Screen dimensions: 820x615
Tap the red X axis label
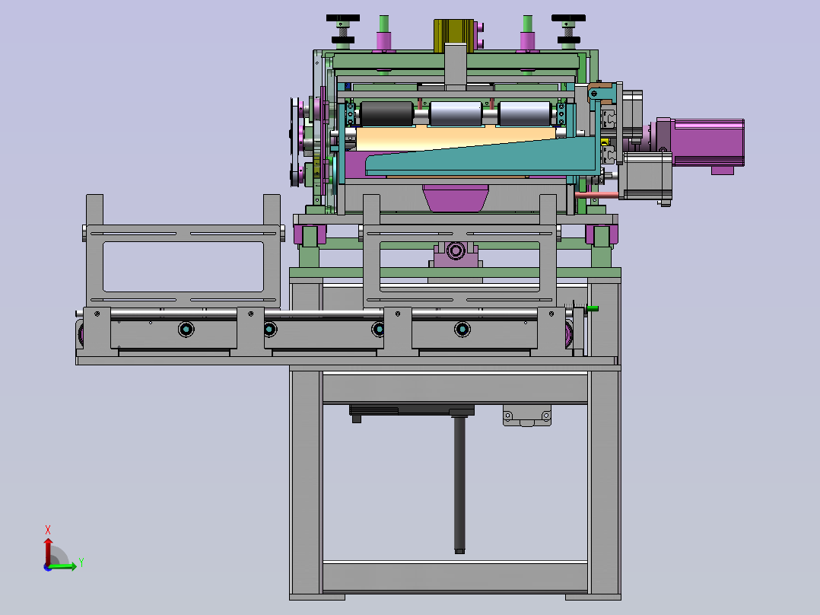48,530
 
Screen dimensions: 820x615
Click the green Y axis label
81,562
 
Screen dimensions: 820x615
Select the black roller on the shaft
386,113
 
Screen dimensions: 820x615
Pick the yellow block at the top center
453,36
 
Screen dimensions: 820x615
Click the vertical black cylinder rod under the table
459,484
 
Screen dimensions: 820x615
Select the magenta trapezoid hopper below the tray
455,198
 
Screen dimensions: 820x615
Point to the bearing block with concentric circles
456,252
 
